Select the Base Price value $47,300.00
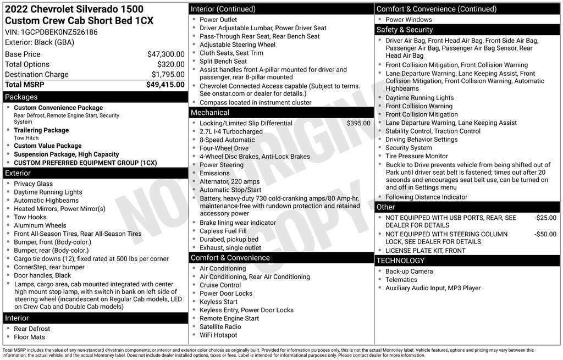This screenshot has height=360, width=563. [x=165, y=54]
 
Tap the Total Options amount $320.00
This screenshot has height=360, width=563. [x=171, y=64]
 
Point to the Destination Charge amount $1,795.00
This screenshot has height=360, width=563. [x=168, y=74]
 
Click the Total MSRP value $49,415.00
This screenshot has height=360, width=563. [x=165, y=85]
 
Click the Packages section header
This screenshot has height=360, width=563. [x=21, y=97]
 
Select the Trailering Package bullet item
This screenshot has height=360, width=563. [x=41, y=130]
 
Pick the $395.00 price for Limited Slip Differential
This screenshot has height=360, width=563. [x=358, y=123]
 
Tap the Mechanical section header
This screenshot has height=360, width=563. [x=210, y=113]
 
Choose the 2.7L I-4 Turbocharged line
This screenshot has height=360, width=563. [x=231, y=132]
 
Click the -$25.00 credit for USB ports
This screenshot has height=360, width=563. [x=545, y=218]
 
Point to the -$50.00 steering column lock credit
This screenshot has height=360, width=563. [x=545, y=234]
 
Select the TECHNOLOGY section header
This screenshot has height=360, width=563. [x=400, y=261]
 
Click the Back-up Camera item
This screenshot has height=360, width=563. [x=409, y=272]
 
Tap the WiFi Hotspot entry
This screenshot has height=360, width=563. [x=218, y=335]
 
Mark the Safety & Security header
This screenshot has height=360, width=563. [x=405, y=30]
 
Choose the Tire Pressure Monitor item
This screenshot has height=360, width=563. [x=416, y=156]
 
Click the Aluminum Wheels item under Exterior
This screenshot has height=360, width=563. [x=40, y=225]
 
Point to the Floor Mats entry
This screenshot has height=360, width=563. [x=30, y=337]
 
